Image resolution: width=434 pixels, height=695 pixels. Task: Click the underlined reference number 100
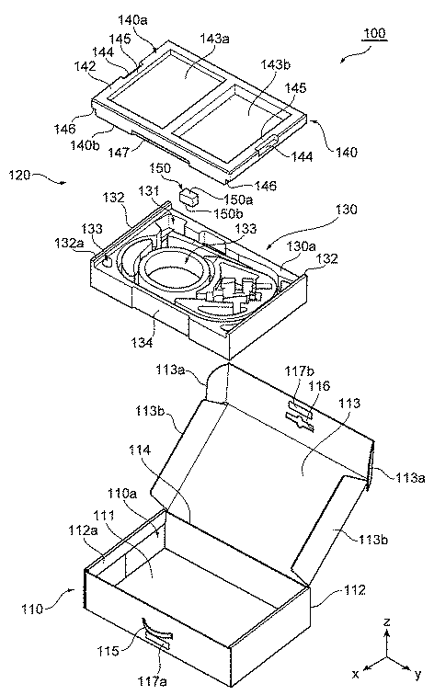[x=374, y=33]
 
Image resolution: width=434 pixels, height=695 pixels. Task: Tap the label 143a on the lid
[x=214, y=38]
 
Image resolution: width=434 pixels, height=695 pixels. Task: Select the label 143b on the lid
[x=276, y=64]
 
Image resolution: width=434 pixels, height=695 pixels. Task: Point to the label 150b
[x=228, y=213]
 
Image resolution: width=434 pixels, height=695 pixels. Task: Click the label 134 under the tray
[x=142, y=342]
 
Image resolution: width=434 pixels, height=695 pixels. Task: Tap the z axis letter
[x=387, y=621]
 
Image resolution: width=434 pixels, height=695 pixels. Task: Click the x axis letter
[x=355, y=674]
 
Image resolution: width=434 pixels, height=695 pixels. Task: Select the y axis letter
[x=417, y=675]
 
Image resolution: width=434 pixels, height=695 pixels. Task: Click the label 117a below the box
[x=153, y=681]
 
